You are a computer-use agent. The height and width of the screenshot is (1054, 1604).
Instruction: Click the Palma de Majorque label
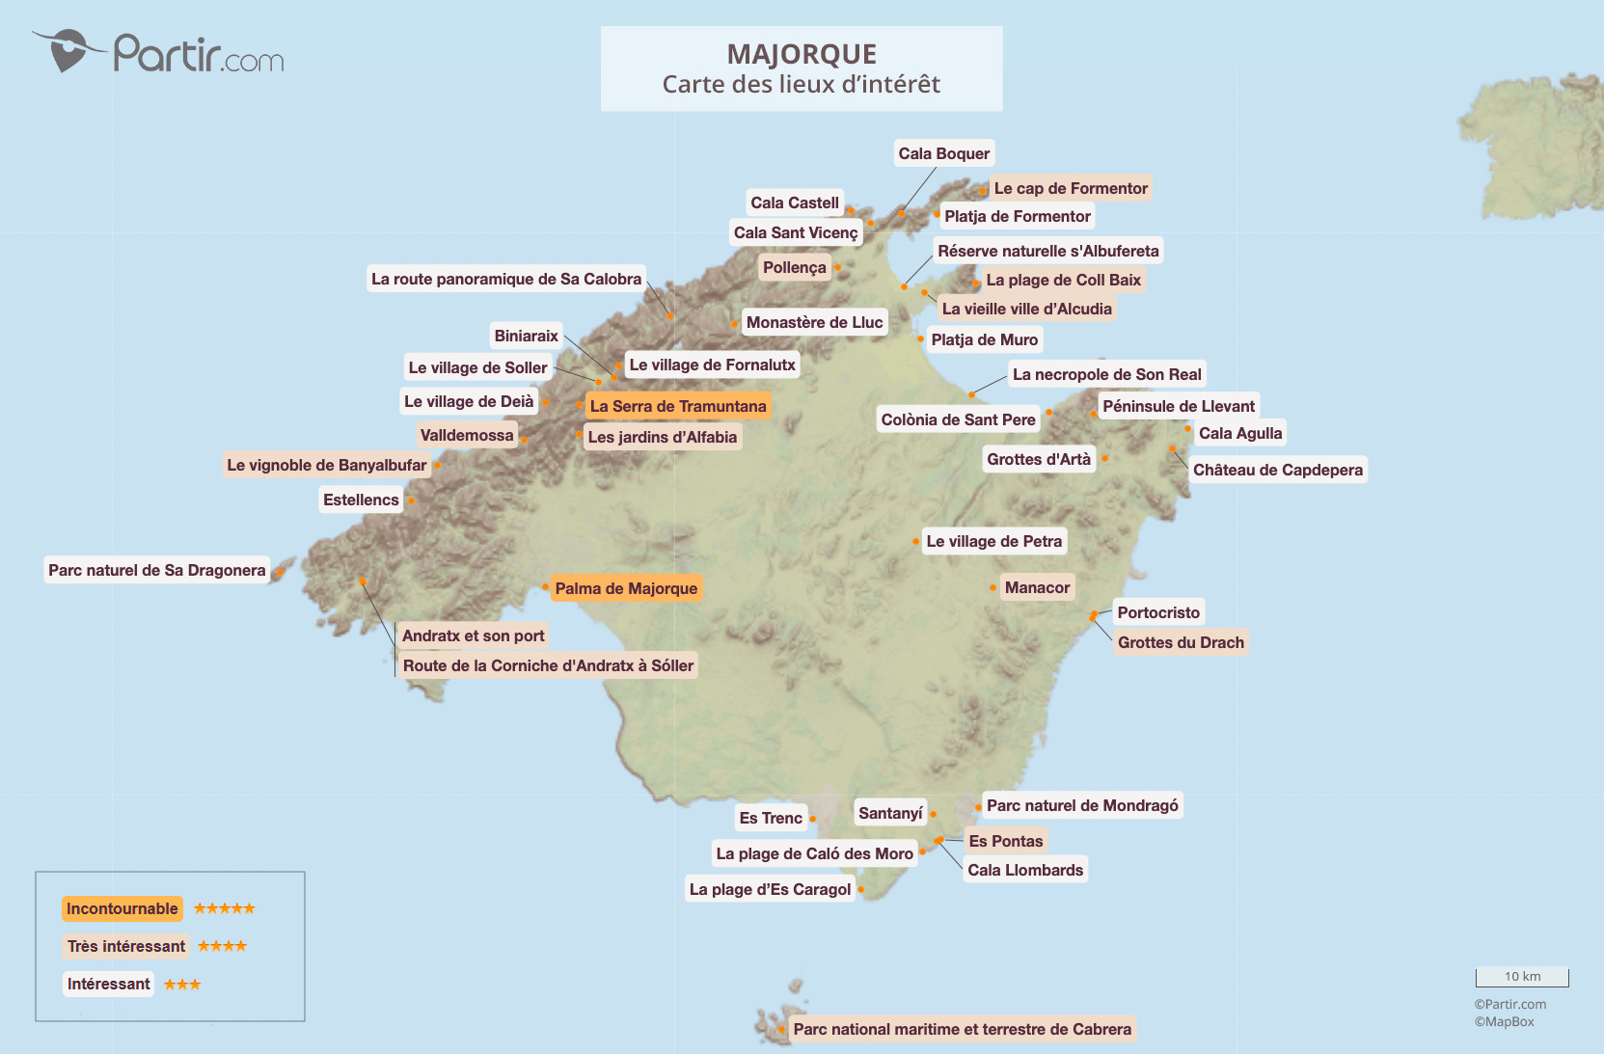(x=626, y=588)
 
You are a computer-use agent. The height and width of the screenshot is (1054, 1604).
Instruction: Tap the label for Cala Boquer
(x=943, y=153)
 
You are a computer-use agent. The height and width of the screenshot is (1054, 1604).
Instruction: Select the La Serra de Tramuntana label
(x=677, y=406)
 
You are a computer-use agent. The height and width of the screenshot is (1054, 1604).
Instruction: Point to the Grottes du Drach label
(x=1181, y=642)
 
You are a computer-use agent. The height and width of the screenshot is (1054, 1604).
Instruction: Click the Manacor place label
(x=1037, y=587)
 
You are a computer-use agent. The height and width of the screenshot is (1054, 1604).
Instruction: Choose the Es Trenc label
(x=770, y=818)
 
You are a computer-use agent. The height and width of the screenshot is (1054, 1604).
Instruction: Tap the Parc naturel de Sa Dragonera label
(x=156, y=570)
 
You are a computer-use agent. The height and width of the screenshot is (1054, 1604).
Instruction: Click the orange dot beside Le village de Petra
(x=915, y=541)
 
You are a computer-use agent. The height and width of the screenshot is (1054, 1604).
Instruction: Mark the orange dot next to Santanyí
(x=933, y=814)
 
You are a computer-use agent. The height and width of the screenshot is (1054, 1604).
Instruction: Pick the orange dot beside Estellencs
(x=411, y=500)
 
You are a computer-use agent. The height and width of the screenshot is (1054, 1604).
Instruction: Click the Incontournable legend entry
(x=122, y=908)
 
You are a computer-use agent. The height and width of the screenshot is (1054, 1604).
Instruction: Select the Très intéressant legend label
(x=126, y=946)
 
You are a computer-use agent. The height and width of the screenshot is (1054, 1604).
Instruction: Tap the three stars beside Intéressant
(x=182, y=985)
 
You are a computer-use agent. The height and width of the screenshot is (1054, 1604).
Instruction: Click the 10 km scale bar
(x=1522, y=977)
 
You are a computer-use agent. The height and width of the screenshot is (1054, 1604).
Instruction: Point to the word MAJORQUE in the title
(x=802, y=54)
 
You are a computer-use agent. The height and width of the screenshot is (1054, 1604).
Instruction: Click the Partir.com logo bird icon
(x=68, y=49)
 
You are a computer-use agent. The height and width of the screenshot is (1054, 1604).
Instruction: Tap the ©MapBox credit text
(x=1504, y=1021)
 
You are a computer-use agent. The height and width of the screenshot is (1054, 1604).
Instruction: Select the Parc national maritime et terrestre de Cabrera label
(x=962, y=1029)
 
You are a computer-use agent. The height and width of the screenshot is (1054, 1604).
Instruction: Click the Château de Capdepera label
(x=1277, y=470)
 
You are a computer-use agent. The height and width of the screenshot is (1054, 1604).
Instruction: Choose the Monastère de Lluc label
(x=814, y=322)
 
